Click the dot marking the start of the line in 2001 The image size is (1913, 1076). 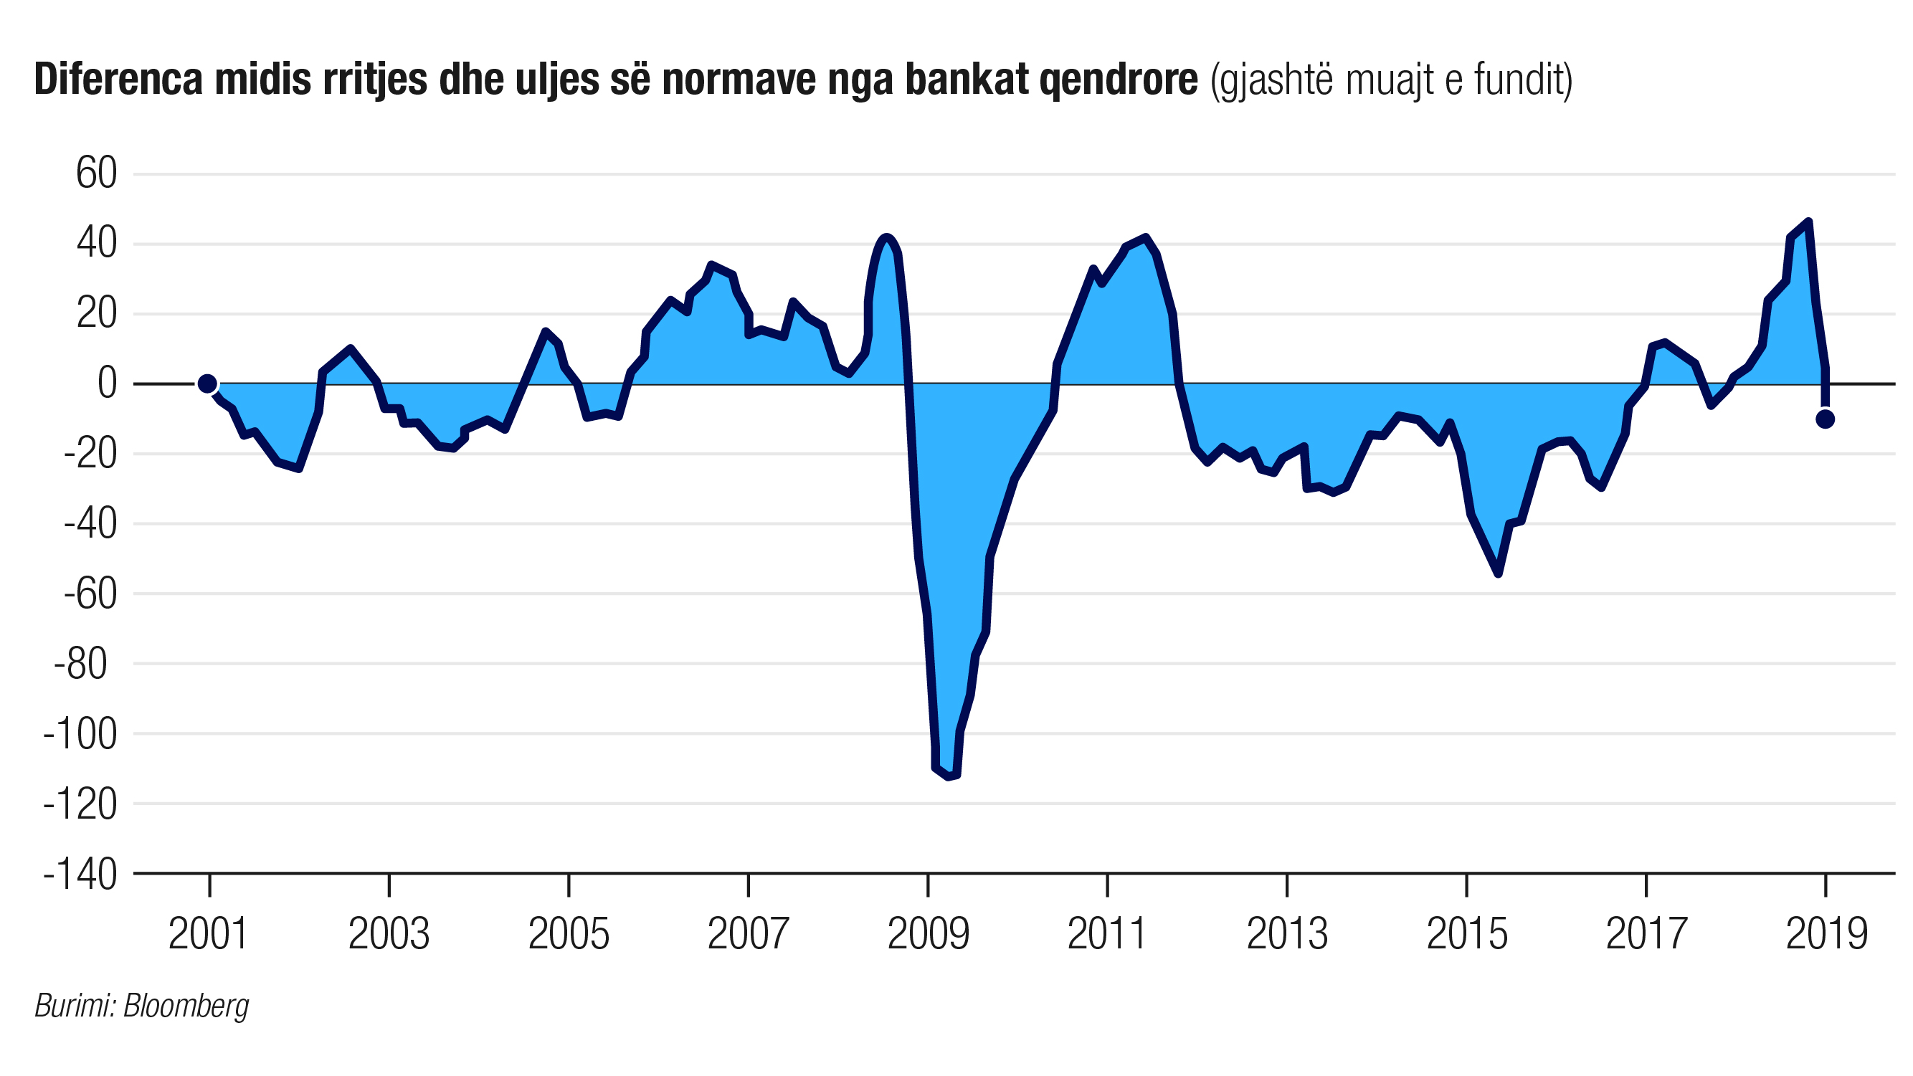coord(207,384)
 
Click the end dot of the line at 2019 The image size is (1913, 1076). coord(1825,419)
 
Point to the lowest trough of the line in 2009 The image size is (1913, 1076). coord(948,777)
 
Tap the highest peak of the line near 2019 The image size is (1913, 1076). coord(1808,222)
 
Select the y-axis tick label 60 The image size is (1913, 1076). coord(97,173)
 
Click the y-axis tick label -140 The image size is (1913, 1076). coord(80,874)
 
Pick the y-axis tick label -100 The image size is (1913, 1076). coord(80,734)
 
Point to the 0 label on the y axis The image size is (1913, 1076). coord(107,384)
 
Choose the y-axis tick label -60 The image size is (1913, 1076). coord(90,594)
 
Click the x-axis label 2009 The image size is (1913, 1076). coord(929,934)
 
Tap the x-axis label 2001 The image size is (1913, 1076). coord(208,934)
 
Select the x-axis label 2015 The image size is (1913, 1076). coord(1467,934)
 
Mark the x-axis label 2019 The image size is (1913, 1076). coord(1826,934)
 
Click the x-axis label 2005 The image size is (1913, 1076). coord(568,934)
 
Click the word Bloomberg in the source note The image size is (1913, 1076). coord(186,1006)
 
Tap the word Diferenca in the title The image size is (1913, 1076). coord(118,80)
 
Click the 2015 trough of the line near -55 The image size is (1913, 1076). coord(1498,573)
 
